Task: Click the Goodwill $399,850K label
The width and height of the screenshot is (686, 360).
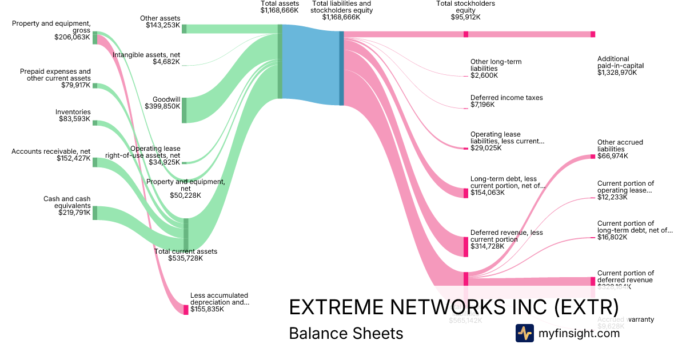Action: click(x=166, y=103)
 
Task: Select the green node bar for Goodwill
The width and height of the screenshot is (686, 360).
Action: click(x=184, y=110)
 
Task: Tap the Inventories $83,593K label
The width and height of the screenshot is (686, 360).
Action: click(x=73, y=115)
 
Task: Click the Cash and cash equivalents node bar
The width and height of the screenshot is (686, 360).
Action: click(x=95, y=213)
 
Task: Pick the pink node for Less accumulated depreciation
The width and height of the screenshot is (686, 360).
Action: click(x=186, y=310)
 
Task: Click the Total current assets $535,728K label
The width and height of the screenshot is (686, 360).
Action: click(x=185, y=255)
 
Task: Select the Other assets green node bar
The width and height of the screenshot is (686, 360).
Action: click(x=184, y=29)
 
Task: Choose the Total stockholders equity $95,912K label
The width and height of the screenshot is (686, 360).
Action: click(x=465, y=10)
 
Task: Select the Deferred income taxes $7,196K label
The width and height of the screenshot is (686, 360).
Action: click(x=506, y=101)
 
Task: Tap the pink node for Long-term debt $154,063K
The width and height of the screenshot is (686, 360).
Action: click(x=466, y=193)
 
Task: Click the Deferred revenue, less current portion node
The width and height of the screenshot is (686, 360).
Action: click(x=466, y=246)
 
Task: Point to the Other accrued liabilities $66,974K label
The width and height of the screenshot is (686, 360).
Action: click(x=620, y=149)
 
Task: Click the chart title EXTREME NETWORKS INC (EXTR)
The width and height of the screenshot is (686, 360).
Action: click(x=454, y=307)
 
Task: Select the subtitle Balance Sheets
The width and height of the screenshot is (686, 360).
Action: click(x=346, y=333)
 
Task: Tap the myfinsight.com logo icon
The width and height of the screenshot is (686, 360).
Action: click(x=524, y=333)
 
